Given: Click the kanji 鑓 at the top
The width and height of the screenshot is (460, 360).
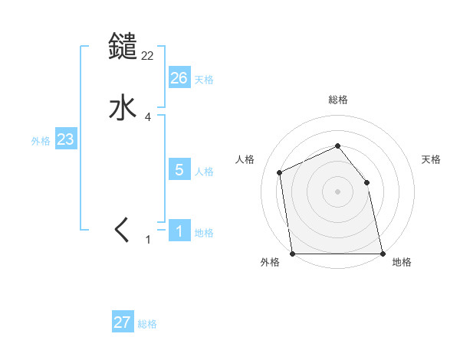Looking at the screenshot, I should pyautogui.click(x=123, y=47).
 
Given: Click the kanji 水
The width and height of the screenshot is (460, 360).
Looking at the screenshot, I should pyautogui.click(x=123, y=108).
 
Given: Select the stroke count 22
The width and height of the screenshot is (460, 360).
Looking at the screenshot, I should pyautogui.click(x=148, y=55).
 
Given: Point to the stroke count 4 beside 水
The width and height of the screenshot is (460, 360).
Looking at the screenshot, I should pyautogui.click(x=148, y=117).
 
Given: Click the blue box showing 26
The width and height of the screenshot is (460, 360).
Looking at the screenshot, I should pyautogui.click(x=179, y=78).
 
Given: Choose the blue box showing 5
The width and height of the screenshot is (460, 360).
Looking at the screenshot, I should pyautogui.click(x=179, y=170).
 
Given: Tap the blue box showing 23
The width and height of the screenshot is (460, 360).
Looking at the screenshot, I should pyautogui.click(x=65, y=140).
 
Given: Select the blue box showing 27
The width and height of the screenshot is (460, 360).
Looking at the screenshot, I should pyautogui.click(x=123, y=322).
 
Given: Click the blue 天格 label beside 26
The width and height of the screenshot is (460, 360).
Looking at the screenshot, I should pyautogui.click(x=204, y=80).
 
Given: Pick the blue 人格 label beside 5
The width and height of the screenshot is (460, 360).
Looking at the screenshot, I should pyautogui.click(x=204, y=172).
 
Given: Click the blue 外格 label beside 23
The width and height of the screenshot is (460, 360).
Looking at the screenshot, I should pyautogui.click(x=41, y=141).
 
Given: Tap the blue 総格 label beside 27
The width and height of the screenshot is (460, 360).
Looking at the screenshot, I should pyautogui.click(x=147, y=324).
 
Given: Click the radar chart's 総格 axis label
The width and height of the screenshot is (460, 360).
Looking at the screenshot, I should pyautogui.click(x=338, y=100).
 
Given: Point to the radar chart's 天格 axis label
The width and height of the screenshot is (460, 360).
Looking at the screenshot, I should pyautogui.click(x=431, y=159).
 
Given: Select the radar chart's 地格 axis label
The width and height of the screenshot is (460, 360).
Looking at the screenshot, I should pyautogui.click(x=402, y=263).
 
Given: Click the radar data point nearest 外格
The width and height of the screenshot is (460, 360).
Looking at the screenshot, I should pyautogui.click(x=292, y=254).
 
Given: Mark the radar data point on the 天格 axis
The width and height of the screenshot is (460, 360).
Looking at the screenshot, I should pyautogui.click(x=366, y=182).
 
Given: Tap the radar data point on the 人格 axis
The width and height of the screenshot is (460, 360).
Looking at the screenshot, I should pyautogui.click(x=280, y=172).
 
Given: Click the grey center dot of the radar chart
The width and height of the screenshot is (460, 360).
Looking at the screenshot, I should pyautogui.click(x=337, y=191).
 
